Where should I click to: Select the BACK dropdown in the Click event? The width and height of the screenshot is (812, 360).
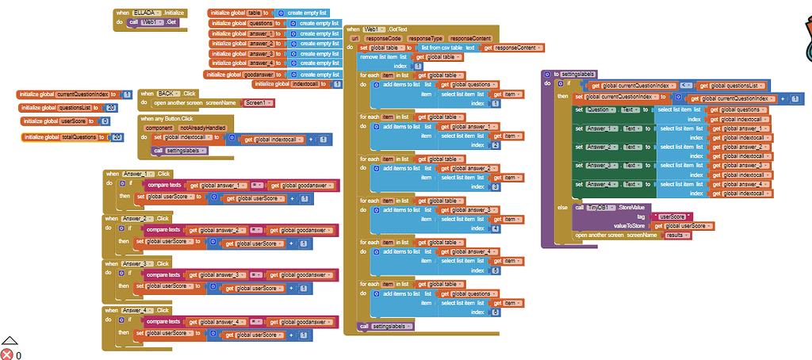pyautogui.click(x=167, y=93)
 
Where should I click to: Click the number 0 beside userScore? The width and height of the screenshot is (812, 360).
pyautogui.click(x=104, y=121)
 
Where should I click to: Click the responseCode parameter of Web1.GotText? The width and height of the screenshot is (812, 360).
pyautogui.click(x=384, y=38)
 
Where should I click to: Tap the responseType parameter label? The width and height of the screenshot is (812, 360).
pyautogui.click(x=426, y=38)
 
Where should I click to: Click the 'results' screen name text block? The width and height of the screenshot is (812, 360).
pyautogui.click(x=675, y=236)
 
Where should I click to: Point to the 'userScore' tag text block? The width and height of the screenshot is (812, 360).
pyautogui.click(x=671, y=216)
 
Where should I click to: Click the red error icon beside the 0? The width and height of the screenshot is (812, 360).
pyautogui.click(x=6, y=354)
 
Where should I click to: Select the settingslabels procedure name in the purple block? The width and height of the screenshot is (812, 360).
pyautogui.click(x=579, y=74)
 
